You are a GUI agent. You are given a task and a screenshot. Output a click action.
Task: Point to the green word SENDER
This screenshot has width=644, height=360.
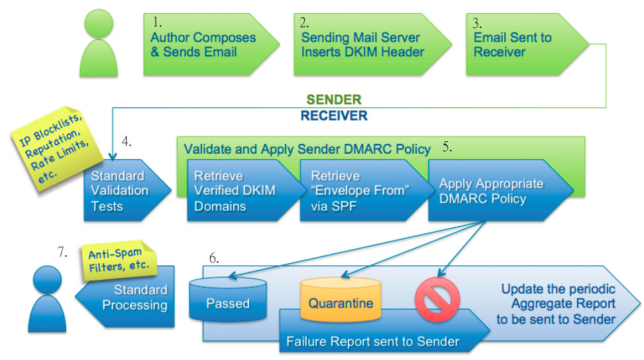333,100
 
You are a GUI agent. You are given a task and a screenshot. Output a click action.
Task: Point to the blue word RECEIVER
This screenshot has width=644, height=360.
333,115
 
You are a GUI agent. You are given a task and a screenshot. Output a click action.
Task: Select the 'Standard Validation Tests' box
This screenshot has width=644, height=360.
119,191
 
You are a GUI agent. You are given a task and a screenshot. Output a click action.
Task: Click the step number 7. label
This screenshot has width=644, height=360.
64,251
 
